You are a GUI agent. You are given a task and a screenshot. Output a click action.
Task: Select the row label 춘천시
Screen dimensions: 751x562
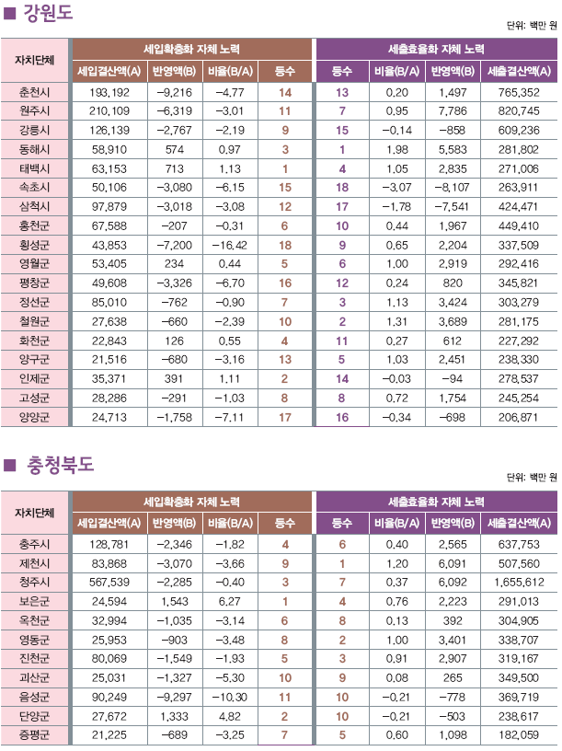point(34,93)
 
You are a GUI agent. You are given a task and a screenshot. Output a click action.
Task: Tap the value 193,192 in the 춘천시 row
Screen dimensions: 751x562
point(109,93)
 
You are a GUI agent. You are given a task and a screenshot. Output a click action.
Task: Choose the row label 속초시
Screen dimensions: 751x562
point(34,188)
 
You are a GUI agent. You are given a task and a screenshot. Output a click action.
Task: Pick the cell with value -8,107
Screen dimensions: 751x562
point(453,188)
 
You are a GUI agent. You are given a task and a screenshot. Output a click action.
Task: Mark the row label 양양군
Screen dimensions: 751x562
point(34,417)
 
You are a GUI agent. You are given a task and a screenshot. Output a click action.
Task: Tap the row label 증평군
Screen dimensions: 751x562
point(34,734)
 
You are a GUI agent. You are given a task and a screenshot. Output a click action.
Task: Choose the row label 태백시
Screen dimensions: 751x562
point(34,168)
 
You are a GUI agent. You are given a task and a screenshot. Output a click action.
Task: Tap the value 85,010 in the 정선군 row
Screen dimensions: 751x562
point(109,302)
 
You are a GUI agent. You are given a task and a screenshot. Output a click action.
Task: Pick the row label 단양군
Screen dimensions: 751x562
point(34,715)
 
